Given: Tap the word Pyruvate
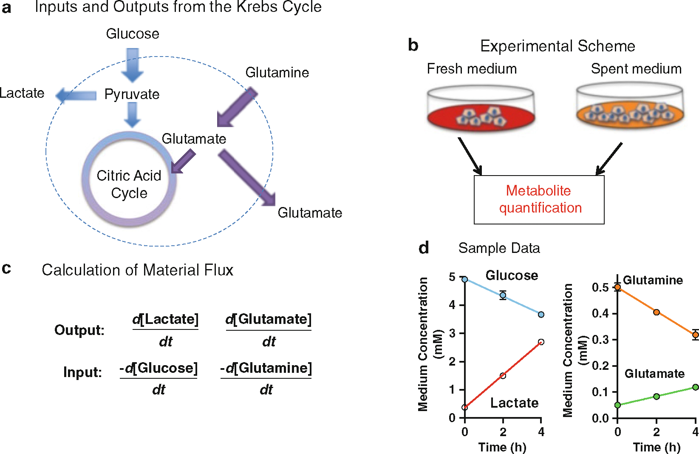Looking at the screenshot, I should tap(132, 94).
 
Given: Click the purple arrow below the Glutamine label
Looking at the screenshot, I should tap(236, 108).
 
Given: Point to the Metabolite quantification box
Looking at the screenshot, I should tap(539, 199).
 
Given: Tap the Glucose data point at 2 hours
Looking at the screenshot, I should tap(503, 295).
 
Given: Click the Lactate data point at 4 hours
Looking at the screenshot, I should tap(541, 342).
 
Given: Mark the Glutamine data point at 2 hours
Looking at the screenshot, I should tap(657, 312).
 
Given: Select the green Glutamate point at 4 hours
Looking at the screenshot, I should tap(695, 387).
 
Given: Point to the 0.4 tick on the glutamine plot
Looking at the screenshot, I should tap(600, 314).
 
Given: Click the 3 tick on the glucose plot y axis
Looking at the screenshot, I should tap(452, 333).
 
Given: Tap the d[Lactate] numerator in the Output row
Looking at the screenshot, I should tap(165, 319).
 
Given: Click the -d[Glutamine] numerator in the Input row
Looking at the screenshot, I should tap(266, 368).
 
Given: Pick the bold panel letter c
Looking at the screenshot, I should tap(6, 268).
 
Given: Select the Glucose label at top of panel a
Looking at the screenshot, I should tap(133, 34).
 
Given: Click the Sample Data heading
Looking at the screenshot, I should tap(499, 248).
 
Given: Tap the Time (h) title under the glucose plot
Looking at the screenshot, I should tap(502, 447).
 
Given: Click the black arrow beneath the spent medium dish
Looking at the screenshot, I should tap(609, 159).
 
